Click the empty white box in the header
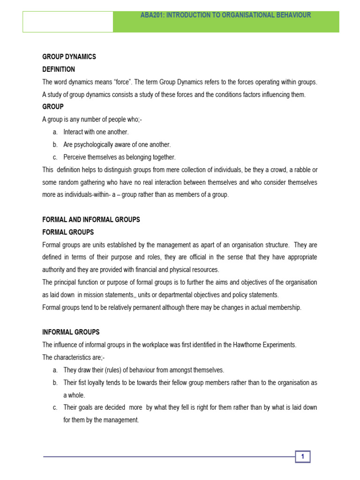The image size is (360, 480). (68, 22)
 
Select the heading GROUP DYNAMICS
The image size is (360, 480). (69, 57)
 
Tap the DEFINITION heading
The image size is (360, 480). (59, 69)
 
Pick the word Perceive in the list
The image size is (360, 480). (75, 157)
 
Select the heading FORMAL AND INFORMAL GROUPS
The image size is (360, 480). (91, 219)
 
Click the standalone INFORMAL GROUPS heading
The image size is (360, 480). (71, 332)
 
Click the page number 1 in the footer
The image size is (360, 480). (303, 457)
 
